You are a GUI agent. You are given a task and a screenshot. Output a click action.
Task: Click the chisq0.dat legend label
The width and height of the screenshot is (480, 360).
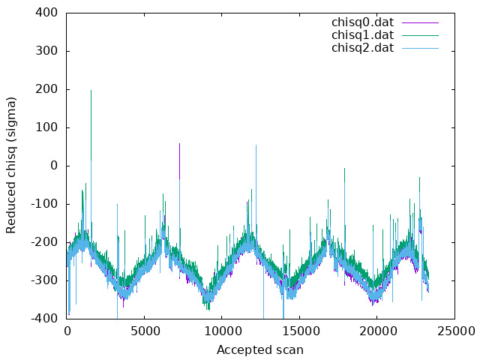click(x=362, y=22)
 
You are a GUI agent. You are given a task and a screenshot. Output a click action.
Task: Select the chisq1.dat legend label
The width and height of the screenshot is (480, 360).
click(x=362, y=35)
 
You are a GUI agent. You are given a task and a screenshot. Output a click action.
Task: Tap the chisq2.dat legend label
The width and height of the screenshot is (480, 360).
click(x=362, y=48)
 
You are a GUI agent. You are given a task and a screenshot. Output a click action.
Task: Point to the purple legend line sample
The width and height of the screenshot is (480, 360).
click(x=420, y=22)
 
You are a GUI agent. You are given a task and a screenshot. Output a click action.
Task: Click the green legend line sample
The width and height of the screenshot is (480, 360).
click(x=420, y=35)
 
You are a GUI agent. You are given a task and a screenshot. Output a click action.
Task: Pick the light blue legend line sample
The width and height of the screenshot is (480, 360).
click(x=420, y=48)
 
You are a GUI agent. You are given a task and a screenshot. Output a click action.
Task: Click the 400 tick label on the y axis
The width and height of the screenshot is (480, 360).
click(x=46, y=13)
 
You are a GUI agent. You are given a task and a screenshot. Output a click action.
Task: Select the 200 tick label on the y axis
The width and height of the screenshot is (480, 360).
click(x=46, y=89)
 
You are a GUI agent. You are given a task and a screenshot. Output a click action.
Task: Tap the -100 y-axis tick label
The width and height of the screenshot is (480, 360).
click(x=44, y=204)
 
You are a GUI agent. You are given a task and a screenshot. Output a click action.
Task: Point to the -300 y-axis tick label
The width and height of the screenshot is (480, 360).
click(x=44, y=280)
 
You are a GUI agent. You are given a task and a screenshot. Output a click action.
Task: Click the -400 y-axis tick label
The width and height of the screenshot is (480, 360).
click(x=44, y=318)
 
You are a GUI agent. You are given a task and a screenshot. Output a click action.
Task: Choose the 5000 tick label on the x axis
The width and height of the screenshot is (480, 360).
click(x=144, y=331)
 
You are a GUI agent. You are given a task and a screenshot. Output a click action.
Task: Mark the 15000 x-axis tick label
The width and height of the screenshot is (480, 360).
click(x=298, y=331)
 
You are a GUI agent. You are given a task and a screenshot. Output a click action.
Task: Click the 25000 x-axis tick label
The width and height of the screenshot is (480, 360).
click(x=455, y=331)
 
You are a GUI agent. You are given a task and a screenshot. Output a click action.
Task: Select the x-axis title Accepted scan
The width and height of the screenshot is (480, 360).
click(x=260, y=350)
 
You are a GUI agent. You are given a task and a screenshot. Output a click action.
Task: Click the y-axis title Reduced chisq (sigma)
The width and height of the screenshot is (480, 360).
click(x=11, y=165)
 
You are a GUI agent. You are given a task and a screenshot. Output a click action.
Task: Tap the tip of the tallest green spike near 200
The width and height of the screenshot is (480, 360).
click(x=91, y=90)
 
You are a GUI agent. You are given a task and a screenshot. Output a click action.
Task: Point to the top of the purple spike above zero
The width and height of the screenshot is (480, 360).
click(x=180, y=143)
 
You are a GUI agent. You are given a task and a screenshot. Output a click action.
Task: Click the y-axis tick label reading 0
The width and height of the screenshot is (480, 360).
click(x=54, y=166)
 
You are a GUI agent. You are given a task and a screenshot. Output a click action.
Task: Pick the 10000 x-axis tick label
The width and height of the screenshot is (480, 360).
click(x=221, y=331)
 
